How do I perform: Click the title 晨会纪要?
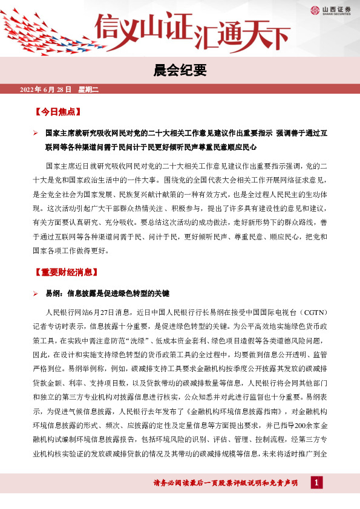coord(180,71)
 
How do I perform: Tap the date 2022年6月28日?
coord(46,90)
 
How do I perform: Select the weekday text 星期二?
coord(87,90)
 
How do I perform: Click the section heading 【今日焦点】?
coord(58,112)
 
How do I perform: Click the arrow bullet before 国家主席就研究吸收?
coord(36,132)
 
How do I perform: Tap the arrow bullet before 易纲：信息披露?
coord(36,292)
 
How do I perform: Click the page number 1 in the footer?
coord(317,482)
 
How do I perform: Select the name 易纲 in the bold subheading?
coord(53,292)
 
